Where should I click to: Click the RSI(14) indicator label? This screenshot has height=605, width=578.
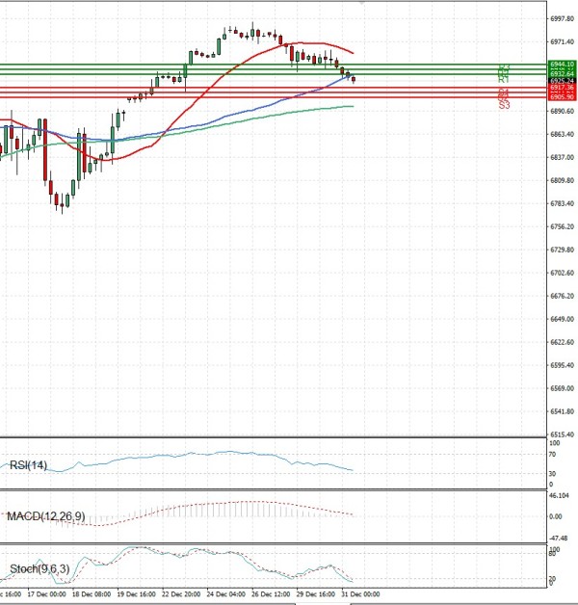coord(27,465)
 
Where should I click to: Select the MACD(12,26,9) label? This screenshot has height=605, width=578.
coord(44,516)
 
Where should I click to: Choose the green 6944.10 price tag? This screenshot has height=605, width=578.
coord(536,65)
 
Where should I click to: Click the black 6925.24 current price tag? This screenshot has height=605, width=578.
coord(536,80)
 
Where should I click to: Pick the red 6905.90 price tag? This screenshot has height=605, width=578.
coord(536,97)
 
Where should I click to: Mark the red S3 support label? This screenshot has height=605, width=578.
coord(504,104)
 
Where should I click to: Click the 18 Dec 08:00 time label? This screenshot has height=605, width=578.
coord(92,595)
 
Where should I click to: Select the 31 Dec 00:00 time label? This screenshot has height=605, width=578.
coord(361,595)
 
